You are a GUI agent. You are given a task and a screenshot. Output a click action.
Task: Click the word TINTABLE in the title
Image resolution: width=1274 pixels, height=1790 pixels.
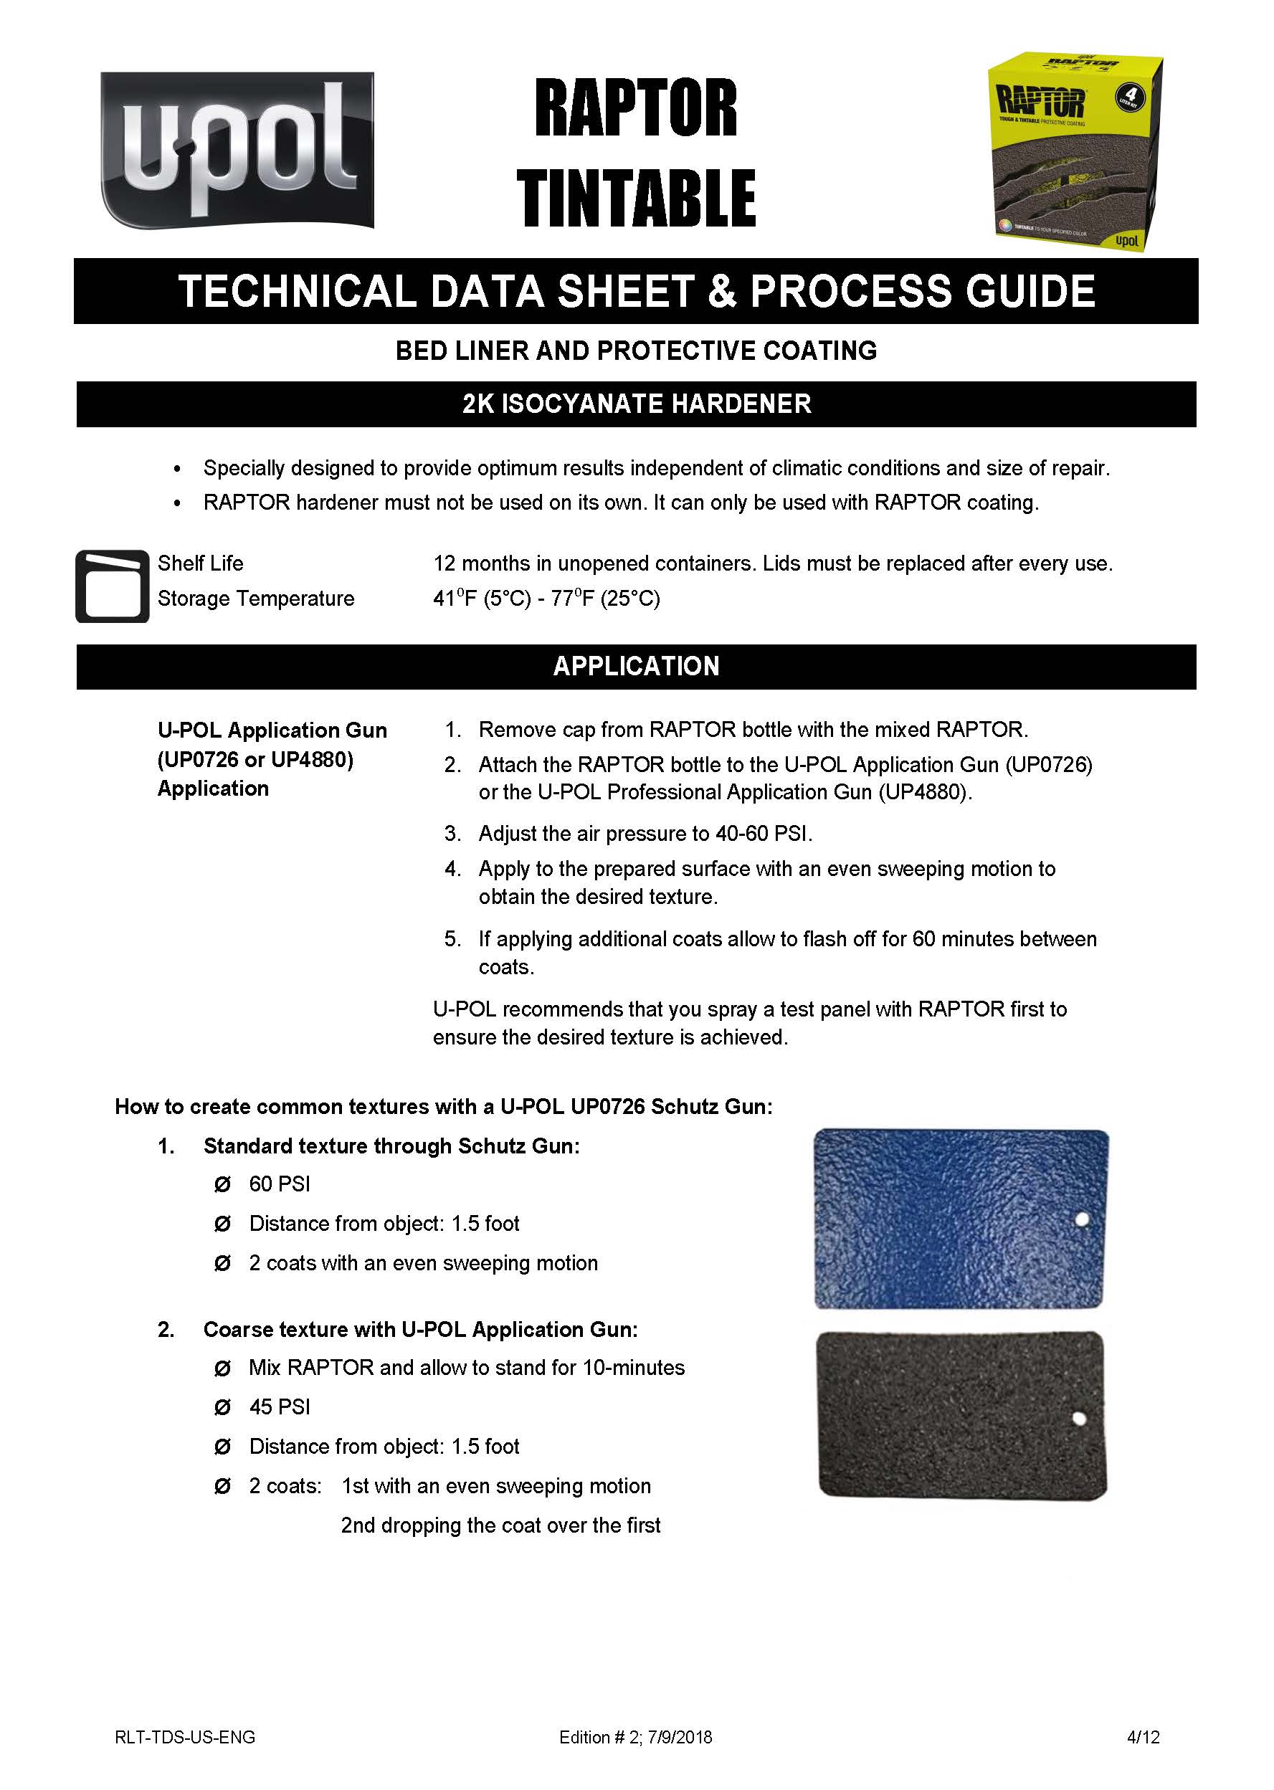(x=635, y=199)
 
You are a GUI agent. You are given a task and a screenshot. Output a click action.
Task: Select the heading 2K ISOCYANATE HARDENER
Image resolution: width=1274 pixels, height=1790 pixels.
(x=636, y=404)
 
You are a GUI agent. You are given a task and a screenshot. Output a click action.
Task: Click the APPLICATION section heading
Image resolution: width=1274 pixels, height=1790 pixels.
(x=636, y=666)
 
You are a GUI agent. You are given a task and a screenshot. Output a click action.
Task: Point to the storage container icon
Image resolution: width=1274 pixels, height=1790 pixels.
(x=112, y=586)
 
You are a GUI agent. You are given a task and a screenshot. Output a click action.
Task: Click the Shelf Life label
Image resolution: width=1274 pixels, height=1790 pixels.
(x=200, y=563)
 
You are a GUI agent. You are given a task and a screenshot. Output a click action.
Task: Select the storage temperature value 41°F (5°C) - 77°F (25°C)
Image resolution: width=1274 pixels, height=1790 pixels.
(x=546, y=599)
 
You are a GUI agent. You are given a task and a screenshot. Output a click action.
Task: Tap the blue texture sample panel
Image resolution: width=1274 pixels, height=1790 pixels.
(x=960, y=1218)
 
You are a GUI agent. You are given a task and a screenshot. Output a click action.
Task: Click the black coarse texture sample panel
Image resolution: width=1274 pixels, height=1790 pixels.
(x=960, y=1414)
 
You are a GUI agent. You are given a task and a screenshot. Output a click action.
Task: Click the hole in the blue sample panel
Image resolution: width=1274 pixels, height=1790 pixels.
(x=1082, y=1220)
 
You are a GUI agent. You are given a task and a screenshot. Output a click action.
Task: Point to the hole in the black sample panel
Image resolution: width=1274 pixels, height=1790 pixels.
(x=1079, y=1419)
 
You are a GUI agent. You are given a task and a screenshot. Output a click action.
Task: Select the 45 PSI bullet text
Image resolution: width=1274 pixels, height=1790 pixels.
(x=280, y=1407)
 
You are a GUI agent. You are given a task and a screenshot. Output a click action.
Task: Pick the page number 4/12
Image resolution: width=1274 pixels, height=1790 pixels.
(x=1143, y=1738)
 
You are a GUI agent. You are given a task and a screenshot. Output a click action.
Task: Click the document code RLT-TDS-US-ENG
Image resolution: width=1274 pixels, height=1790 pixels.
(x=185, y=1738)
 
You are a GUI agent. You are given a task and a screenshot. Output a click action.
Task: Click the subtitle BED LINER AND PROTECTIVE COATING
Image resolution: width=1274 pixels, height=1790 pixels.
(x=636, y=351)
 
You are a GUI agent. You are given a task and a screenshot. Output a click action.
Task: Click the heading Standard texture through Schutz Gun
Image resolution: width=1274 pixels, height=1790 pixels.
(x=391, y=1146)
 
